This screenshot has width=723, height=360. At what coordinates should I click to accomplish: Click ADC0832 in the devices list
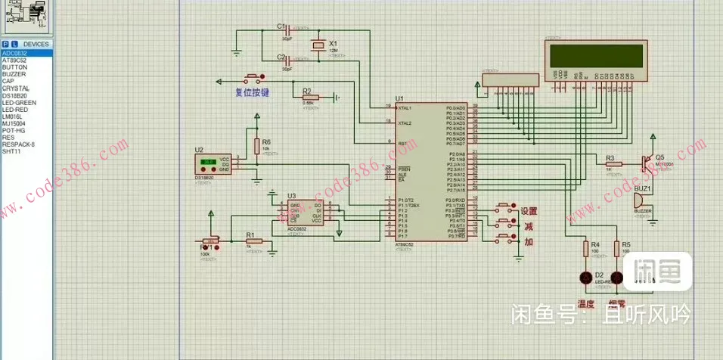point(14,53)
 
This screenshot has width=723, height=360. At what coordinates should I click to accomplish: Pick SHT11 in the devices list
point(11,151)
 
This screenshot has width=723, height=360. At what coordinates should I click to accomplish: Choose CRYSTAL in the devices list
point(15,88)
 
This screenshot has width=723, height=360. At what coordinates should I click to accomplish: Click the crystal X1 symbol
point(320,46)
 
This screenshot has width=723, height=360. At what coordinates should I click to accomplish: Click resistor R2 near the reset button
point(308,97)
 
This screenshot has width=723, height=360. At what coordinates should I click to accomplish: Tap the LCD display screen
point(597,55)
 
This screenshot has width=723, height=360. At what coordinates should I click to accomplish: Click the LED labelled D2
point(585,278)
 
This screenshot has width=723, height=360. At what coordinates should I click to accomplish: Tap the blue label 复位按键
point(252,92)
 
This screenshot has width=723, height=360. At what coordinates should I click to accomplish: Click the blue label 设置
point(529,212)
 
